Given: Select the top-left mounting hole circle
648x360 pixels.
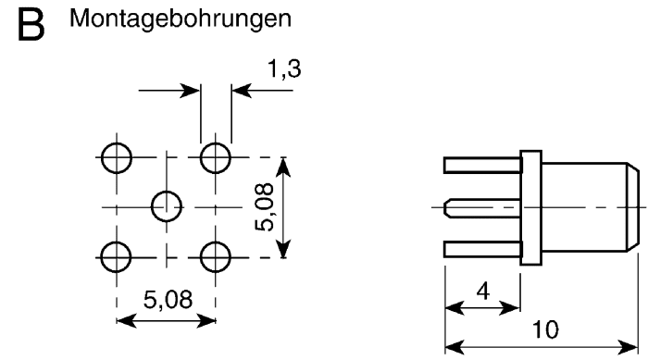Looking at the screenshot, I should coord(117,156).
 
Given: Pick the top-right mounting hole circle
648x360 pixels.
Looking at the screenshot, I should coord(217,156).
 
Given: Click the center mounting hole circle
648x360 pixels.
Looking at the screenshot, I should coord(167,205).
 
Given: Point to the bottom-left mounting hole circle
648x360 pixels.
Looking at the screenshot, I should coord(117,254).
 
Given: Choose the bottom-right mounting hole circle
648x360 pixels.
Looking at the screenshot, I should coord(217,254).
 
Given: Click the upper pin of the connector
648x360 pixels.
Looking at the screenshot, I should coord(481,166).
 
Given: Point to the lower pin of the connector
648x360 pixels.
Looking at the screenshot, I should coord(481,249).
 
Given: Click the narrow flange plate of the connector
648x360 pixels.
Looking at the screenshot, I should coord(531,207).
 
